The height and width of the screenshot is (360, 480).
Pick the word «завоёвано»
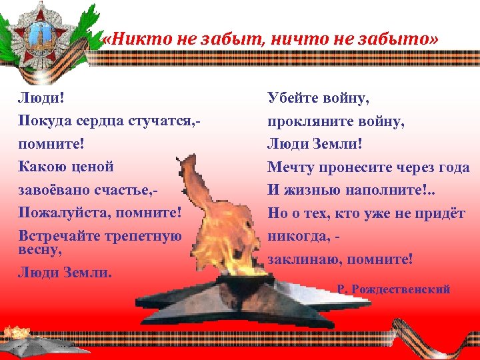point(57,190)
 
